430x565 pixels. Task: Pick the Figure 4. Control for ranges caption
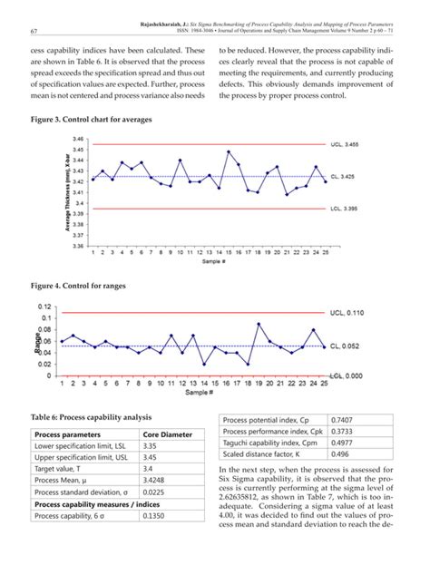coord(77,287)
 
